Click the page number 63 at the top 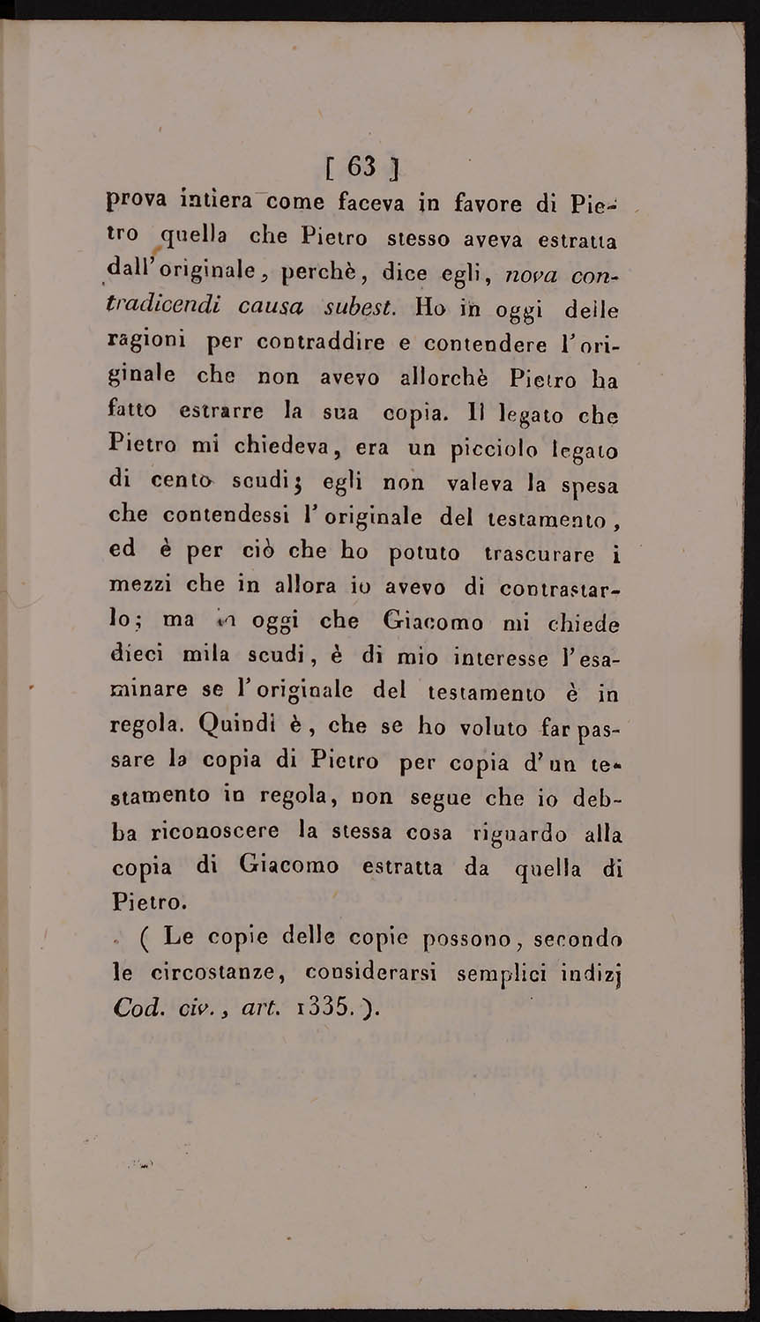[x=361, y=165]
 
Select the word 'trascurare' [x=539, y=553]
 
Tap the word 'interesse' [x=487, y=656]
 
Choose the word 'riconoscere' [x=205, y=831]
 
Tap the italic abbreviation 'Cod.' [x=138, y=1007]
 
